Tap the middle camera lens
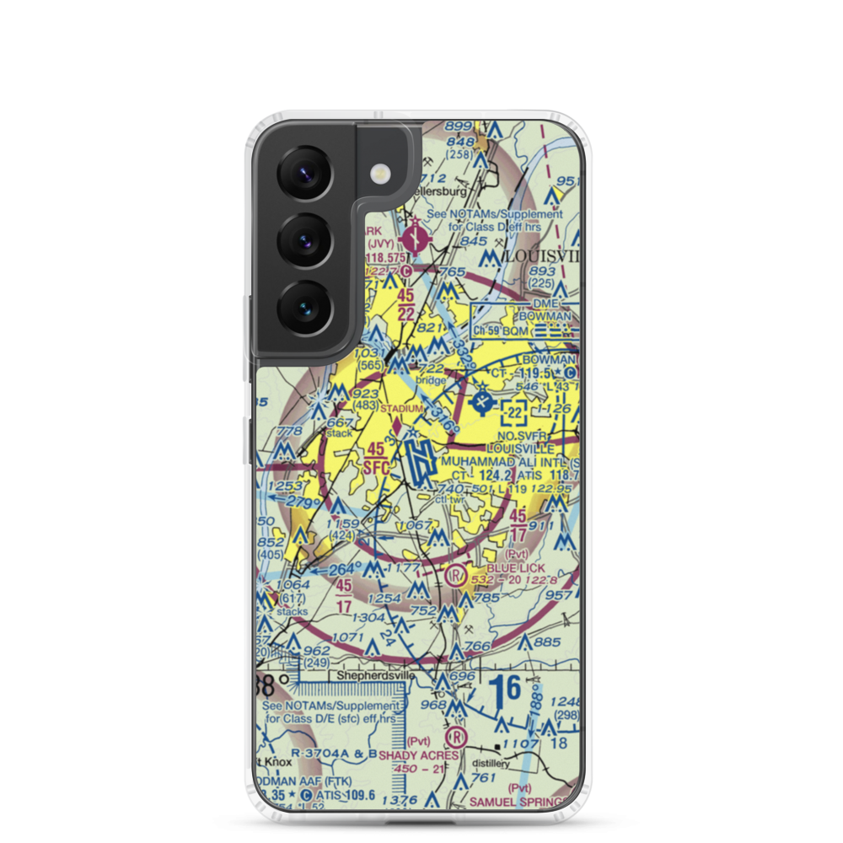pyautogui.click(x=301, y=237)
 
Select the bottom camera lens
pyautogui.click(x=301, y=307)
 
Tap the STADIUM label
pyautogui.click(x=400, y=409)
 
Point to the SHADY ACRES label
pyautogui.click(x=419, y=755)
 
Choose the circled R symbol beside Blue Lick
pyautogui.click(x=456, y=576)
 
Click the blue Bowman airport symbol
pyautogui.click(x=481, y=400)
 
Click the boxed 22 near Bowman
pyautogui.click(x=515, y=413)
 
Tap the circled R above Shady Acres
pyautogui.click(x=456, y=735)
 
